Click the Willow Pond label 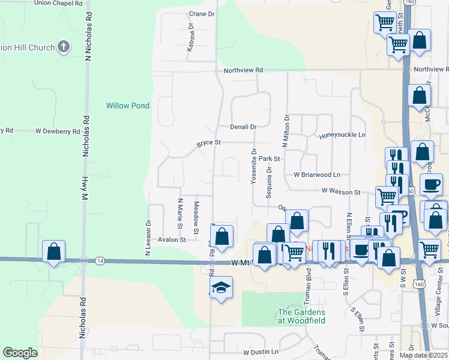pyautogui.click(x=128, y=106)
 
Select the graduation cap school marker pyautogui.click(x=221, y=289)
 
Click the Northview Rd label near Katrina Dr pyautogui.click(x=243, y=70)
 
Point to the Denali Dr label pyautogui.click(x=243, y=127)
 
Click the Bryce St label pyautogui.click(x=209, y=143)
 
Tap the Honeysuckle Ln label pyautogui.click(x=342, y=136)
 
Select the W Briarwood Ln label pyautogui.click(x=316, y=175)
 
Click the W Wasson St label pyautogui.click(x=340, y=192)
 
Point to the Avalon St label pyautogui.click(x=172, y=239)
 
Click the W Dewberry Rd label pyautogui.click(x=58, y=131)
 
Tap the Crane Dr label pyautogui.click(x=201, y=14)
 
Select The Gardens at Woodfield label pyautogui.click(x=301, y=316)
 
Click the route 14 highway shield pyautogui.click(x=100, y=260)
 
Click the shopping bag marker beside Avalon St pyautogui.click(x=222, y=236)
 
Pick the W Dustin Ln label pyautogui.click(x=261, y=352)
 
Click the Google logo pyautogui.click(x=20, y=352)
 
